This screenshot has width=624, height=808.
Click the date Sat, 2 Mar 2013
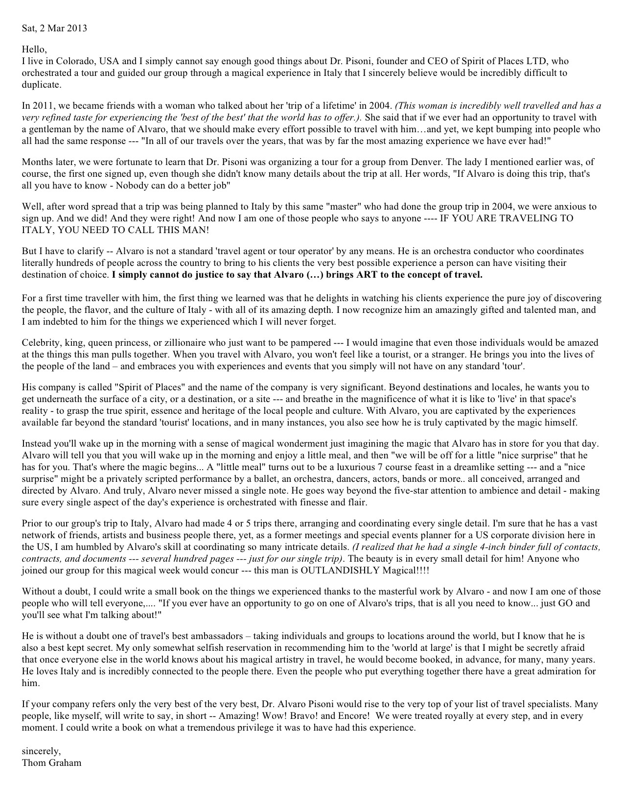(54, 28)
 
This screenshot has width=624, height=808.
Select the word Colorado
(75, 62)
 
